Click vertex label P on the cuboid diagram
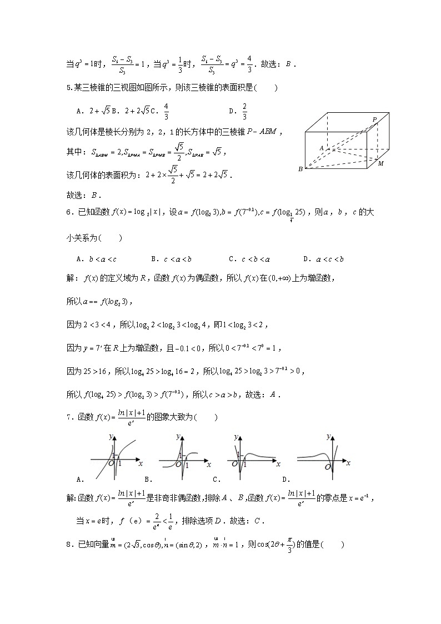[x=375, y=119]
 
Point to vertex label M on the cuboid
[x=381, y=164]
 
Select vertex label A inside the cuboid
[x=321, y=148]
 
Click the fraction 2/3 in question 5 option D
[x=244, y=111]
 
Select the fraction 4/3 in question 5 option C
[x=166, y=111]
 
